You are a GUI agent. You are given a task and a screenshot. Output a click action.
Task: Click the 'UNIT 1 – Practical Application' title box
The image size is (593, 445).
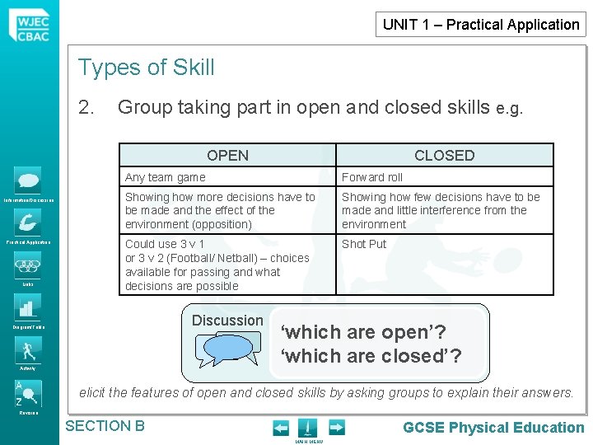[x=481, y=24]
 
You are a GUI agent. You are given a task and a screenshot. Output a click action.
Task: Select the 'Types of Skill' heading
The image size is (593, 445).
[x=146, y=68]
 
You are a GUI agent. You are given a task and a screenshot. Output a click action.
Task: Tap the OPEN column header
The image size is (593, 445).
[x=227, y=155]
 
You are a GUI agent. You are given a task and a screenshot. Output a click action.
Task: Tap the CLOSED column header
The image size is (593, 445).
[x=444, y=155]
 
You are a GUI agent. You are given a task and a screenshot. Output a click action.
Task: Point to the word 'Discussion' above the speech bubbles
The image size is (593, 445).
[x=227, y=321]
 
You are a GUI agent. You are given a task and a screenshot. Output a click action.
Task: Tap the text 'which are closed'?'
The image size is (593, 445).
[x=371, y=356]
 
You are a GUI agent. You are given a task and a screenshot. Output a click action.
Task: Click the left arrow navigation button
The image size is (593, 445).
[x=281, y=428]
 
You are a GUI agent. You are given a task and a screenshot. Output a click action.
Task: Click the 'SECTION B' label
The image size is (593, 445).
[x=105, y=426]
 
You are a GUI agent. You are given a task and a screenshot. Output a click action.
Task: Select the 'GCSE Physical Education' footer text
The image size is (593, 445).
[x=493, y=427]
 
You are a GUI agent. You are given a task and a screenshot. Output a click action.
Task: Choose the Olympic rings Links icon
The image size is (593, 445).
[x=28, y=266]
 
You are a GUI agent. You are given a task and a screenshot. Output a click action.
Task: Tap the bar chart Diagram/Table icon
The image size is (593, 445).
[x=28, y=307]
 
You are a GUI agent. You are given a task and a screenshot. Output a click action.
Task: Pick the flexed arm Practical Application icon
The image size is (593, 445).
[x=28, y=222]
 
